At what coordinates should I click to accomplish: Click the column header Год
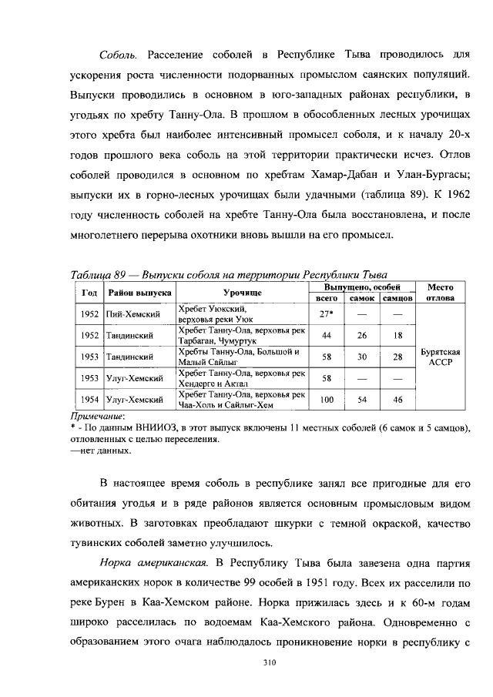pos(89,293)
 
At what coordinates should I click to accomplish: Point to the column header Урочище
pos(243,293)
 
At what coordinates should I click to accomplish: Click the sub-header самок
pos(361,298)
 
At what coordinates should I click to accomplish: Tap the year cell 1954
pos(89,400)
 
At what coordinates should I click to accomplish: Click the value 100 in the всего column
pos(327,400)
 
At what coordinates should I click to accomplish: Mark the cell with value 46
pos(397,400)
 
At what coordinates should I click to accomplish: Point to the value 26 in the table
pos(361,335)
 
